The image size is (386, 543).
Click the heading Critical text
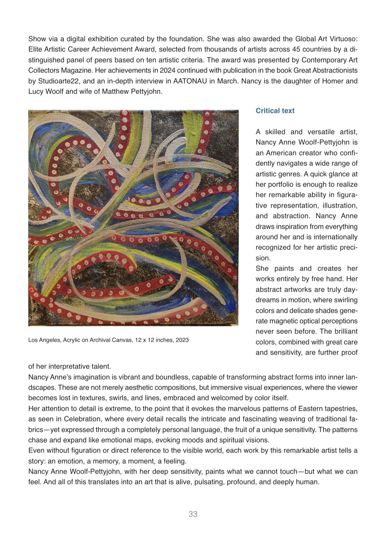275,111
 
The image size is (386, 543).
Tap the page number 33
193,514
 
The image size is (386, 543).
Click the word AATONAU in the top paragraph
190,81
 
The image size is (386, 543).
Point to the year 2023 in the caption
182,340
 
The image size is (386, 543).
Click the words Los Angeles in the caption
44,340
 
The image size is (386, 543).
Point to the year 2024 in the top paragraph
167,70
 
